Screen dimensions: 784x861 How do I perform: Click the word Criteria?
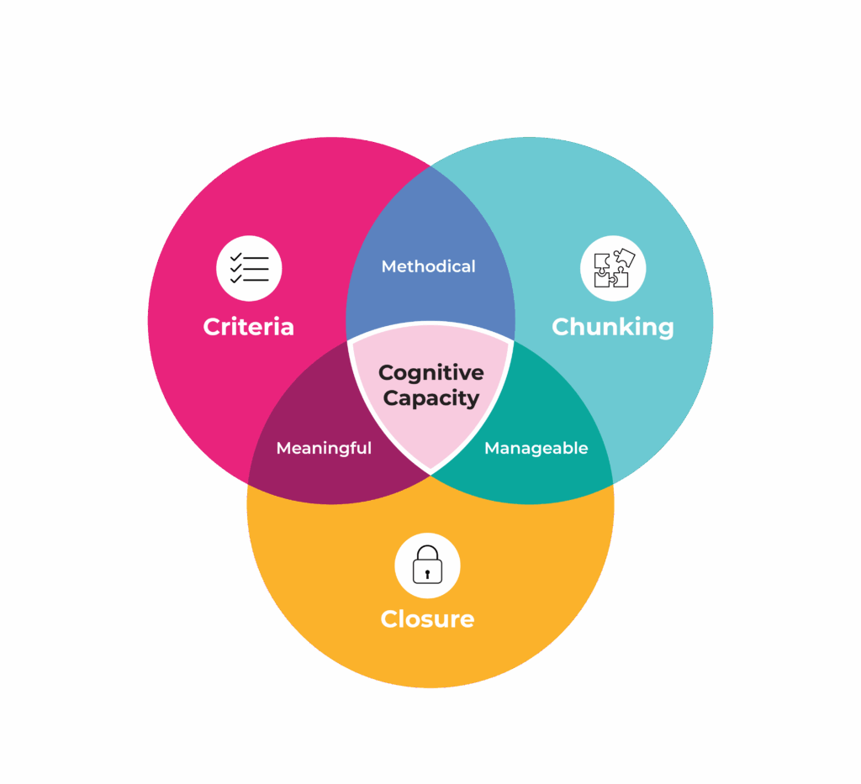248,326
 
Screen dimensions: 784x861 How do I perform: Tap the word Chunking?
612,326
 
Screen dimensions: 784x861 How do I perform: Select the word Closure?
427,619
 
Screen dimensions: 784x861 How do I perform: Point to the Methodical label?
428,266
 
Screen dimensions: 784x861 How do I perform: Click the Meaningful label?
324,448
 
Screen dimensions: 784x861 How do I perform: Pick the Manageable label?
536,448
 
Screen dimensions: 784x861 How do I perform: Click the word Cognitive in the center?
430,372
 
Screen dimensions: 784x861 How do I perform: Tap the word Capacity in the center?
430,397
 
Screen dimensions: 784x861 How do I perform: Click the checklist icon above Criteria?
249,269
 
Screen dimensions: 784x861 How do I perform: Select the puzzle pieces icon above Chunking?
613,269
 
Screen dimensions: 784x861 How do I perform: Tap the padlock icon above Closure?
427,565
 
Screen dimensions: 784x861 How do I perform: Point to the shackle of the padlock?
427,552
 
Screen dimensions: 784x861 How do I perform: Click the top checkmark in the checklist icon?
236,258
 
